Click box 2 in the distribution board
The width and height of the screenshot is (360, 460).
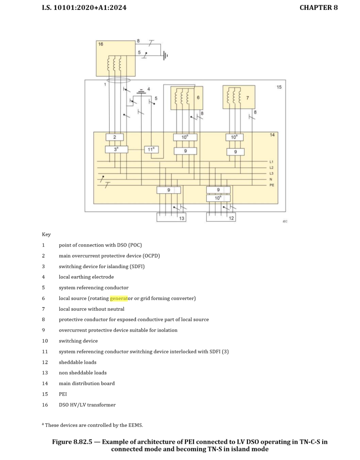pyautogui.click(x=115, y=137)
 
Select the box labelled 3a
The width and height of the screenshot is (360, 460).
pyautogui.click(x=116, y=149)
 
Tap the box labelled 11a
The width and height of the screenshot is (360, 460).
pyautogui.click(x=151, y=150)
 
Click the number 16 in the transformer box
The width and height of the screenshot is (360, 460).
pyautogui.click(x=101, y=44)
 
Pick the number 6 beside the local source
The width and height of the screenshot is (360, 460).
pyautogui.click(x=198, y=97)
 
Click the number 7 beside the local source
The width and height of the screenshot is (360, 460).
pyautogui.click(x=247, y=97)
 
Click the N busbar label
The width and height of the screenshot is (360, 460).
pyautogui.click(x=271, y=179)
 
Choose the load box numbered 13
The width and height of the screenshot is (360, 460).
pyautogui.click(x=171, y=217)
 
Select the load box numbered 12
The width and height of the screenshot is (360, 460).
pyautogui.click(x=221, y=217)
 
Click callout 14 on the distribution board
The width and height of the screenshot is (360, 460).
pyautogui.click(x=272, y=135)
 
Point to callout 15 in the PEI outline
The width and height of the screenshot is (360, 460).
pyautogui.click(x=279, y=87)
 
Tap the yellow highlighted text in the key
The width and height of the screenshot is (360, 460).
pyautogui.click(x=119, y=298)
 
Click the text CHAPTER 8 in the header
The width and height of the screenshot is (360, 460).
pyautogui.click(x=318, y=8)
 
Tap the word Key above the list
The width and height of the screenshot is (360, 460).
pyautogui.click(x=46, y=234)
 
